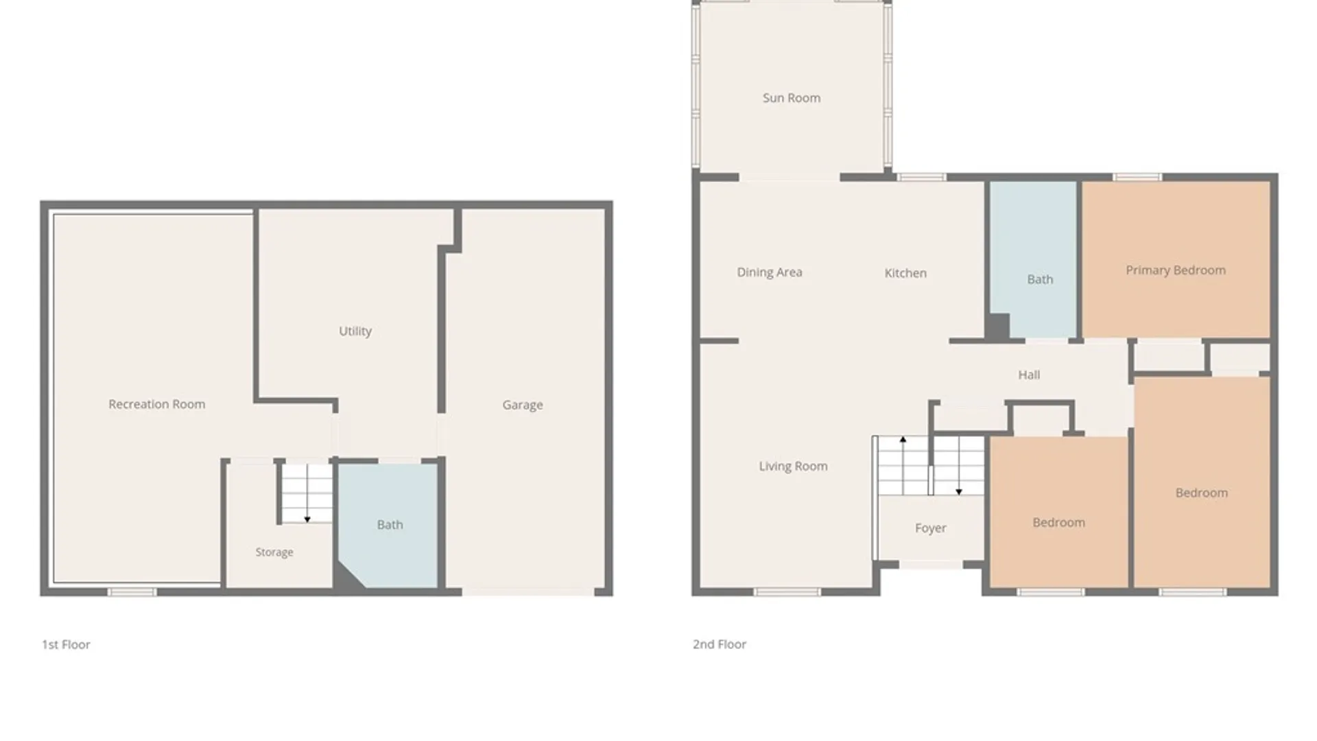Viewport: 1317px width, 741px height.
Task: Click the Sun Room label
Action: [x=792, y=98]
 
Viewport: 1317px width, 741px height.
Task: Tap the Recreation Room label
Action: [x=156, y=404]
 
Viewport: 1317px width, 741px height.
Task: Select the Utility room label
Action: [x=355, y=331]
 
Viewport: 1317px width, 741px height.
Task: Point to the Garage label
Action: [x=523, y=405]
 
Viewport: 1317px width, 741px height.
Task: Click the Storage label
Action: [x=274, y=552]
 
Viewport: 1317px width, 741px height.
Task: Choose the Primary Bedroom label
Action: [x=1176, y=270]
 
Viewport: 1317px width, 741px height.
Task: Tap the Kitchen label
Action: [x=905, y=273]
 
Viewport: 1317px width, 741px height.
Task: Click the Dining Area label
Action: [x=770, y=272]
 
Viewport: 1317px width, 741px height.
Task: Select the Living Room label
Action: [x=793, y=467]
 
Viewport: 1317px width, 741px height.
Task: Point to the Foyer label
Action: [x=931, y=528]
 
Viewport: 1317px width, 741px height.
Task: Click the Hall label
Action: [x=1029, y=375]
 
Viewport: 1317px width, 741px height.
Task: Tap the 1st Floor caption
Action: [x=66, y=644]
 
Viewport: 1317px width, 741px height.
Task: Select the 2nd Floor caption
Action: [x=720, y=644]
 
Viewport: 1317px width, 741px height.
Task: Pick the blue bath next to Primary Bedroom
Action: [x=1033, y=259]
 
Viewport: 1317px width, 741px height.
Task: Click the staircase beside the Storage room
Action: [x=306, y=493]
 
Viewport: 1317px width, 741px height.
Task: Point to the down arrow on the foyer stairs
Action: [x=959, y=466]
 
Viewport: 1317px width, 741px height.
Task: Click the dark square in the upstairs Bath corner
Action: [x=998, y=326]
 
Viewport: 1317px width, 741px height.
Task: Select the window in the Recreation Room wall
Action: [x=132, y=591]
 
